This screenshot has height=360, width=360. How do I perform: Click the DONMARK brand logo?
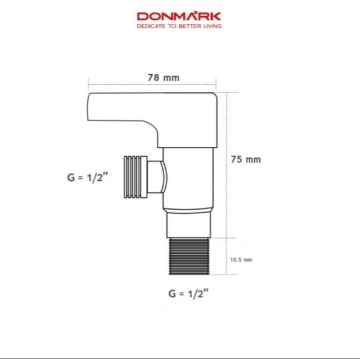(179, 17)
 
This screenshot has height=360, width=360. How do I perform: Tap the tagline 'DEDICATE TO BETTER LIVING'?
(179, 26)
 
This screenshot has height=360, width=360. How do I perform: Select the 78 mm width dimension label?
(163, 77)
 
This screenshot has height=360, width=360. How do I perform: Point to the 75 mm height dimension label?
(246, 159)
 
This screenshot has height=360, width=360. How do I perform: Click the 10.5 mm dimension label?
(241, 260)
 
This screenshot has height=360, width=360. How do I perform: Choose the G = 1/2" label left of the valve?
(87, 177)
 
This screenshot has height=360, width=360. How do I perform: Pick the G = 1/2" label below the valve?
(189, 293)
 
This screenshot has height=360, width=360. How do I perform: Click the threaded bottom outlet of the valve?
(189, 256)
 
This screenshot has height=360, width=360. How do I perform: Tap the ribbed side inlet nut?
(135, 177)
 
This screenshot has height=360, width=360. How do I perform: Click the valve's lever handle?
(152, 119)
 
